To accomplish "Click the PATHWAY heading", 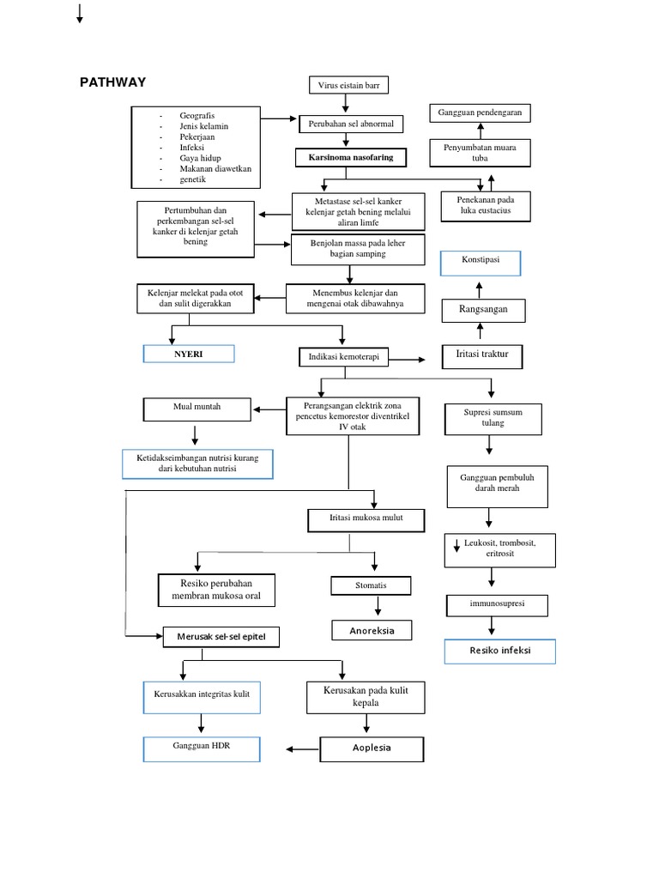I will pos(112,82).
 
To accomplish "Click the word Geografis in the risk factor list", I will pos(197,116).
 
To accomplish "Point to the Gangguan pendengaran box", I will pos(481,112).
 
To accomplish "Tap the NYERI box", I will pos(189,353).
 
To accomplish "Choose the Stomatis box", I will pos(371,586).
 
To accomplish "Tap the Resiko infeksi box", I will pos(500,651).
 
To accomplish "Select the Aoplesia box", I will pos(372,748).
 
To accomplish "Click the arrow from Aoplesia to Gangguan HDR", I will pos(302,749).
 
